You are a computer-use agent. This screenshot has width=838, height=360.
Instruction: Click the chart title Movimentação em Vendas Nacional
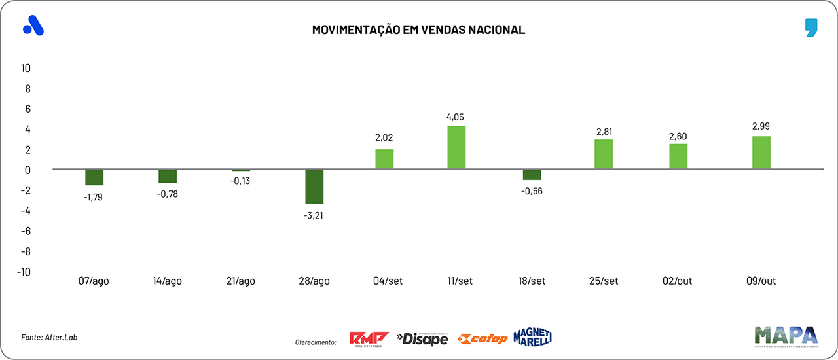(x=418, y=30)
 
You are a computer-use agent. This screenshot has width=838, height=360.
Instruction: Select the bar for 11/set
(x=456, y=147)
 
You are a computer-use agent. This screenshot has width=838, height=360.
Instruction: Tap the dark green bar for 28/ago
(x=314, y=187)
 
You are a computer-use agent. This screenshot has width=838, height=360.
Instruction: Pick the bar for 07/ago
(x=94, y=177)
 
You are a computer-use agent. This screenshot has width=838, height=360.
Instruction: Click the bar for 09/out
(x=761, y=153)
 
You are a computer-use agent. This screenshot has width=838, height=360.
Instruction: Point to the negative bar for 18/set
(x=532, y=175)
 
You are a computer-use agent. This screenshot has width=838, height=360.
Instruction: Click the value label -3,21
(x=314, y=215)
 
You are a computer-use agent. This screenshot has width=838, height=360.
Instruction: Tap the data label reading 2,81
(x=604, y=132)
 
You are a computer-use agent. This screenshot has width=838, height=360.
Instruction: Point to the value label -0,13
(x=240, y=181)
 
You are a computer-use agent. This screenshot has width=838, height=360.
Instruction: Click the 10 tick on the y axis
(x=26, y=68)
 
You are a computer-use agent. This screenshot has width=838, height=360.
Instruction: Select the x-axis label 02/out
(x=677, y=281)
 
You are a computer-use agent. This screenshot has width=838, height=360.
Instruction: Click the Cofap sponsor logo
(x=483, y=338)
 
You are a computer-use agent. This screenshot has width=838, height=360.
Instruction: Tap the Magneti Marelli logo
(x=533, y=336)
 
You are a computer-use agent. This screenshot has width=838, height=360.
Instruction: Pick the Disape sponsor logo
(x=422, y=338)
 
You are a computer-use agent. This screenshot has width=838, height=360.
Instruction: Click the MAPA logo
(x=786, y=336)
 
